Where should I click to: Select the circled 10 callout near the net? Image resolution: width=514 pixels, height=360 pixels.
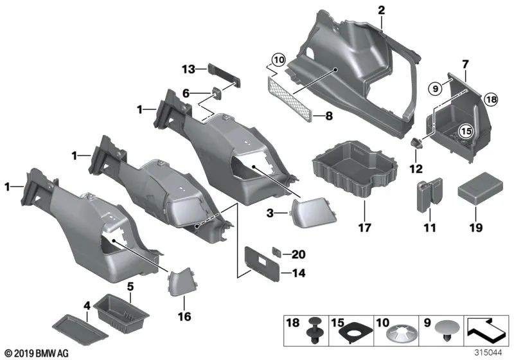277,61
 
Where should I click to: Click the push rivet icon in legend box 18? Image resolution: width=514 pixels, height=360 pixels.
315,336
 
